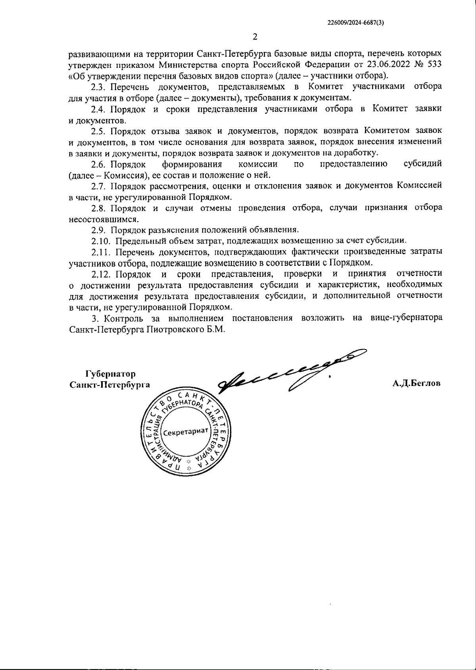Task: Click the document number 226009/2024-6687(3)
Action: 356,23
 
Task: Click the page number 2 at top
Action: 255,37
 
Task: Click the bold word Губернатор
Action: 110,374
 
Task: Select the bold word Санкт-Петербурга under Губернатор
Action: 109,384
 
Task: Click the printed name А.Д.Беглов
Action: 416,384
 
